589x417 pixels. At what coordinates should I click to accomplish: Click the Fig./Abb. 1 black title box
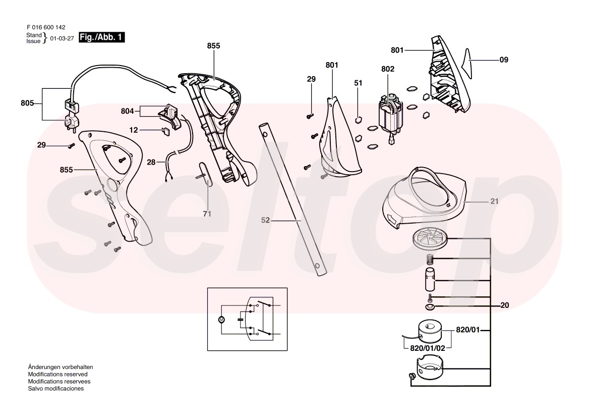pyautogui.click(x=101, y=37)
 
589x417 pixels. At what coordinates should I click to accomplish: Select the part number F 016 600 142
pyautogui.click(x=46, y=27)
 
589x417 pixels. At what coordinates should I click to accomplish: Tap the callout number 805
pyautogui.click(x=27, y=103)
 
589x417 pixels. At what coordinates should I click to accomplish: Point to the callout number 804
pyautogui.click(x=128, y=111)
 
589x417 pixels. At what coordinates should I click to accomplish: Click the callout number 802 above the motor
pyautogui.click(x=388, y=69)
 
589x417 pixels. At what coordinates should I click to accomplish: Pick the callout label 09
pyautogui.click(x=504, y=60)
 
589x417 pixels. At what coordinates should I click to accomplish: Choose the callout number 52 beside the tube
pyautogui.click(x=265, y=220)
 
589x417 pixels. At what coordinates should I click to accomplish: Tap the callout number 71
pyautogui.click(x=207, y=214)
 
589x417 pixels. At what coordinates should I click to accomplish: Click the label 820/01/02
pyautogui.click(x=428, y=348)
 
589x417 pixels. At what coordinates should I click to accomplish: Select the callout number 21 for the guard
pyautogui.click(x=494, y=201)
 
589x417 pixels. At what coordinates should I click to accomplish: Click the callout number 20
pyautogui.click(x=505, y=305)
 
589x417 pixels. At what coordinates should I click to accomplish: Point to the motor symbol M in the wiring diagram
pyautogui.click(x=221, y=320)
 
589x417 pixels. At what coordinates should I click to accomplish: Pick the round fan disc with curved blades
pyautogui.click(x=430, y=239)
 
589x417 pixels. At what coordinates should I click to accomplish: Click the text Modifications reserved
pyautogui.click(x=58, y=375)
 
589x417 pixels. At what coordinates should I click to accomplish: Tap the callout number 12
pyautogui.click(x=134, y=130)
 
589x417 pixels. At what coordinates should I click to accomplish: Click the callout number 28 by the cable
pyautogui.click(x=151, y=163)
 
